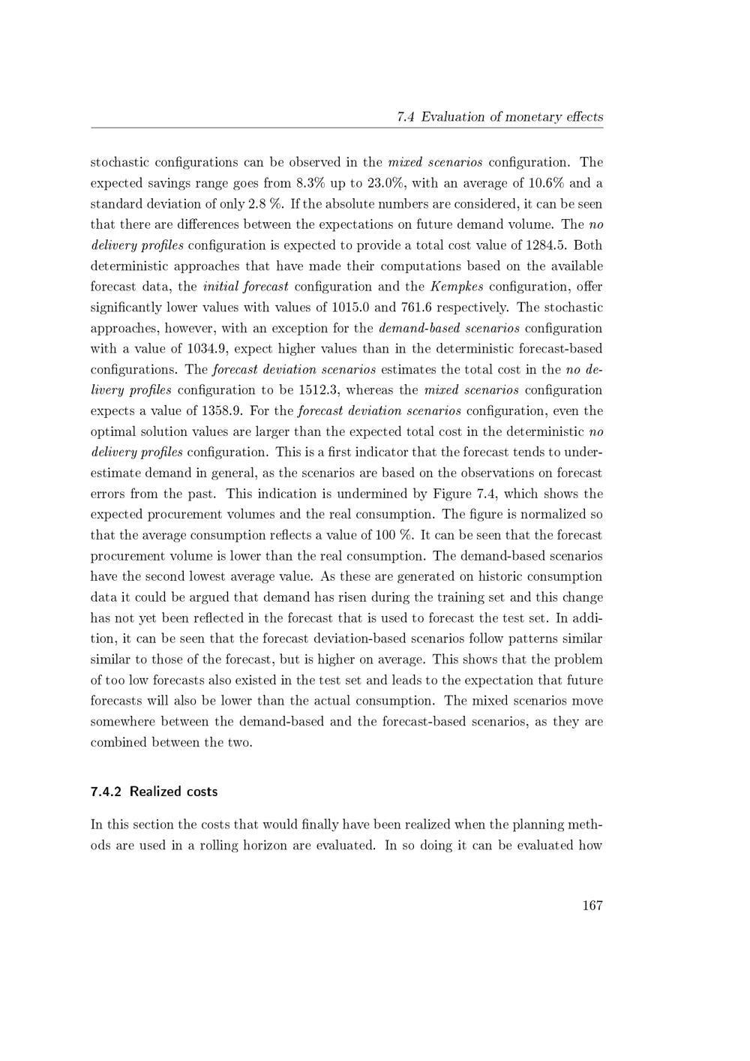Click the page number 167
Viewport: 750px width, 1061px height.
592,906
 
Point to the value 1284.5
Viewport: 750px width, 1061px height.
548,245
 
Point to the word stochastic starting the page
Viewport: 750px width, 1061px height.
119,162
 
